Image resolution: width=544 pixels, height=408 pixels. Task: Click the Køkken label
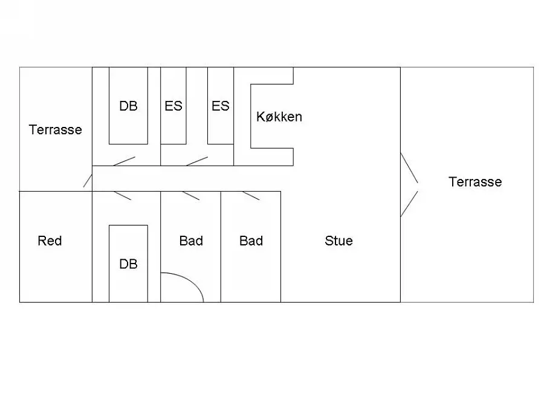279,117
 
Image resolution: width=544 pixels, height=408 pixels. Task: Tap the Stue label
338,241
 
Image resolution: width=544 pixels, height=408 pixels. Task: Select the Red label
50,241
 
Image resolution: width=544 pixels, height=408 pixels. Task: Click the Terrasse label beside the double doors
475,182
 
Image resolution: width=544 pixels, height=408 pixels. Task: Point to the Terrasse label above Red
55,130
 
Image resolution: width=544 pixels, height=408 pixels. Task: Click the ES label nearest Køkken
220,106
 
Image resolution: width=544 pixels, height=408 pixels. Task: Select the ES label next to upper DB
173,106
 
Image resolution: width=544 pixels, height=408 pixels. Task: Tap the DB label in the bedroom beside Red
128,264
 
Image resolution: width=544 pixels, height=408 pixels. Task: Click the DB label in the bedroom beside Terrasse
128,106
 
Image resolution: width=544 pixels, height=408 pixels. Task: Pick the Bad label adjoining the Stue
251,241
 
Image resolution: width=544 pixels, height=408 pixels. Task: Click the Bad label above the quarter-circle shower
191,241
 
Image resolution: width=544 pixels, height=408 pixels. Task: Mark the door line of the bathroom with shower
191,196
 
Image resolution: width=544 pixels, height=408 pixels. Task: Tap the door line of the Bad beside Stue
251,196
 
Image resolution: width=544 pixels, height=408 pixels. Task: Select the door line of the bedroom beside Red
123,196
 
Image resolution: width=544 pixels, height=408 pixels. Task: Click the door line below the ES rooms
197,161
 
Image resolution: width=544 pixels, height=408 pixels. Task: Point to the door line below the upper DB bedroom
124,161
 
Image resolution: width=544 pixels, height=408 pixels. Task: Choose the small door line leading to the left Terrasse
88,181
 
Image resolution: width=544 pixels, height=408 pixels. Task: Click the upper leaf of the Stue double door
409,167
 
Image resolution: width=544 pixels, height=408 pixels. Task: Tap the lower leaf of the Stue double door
409,204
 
